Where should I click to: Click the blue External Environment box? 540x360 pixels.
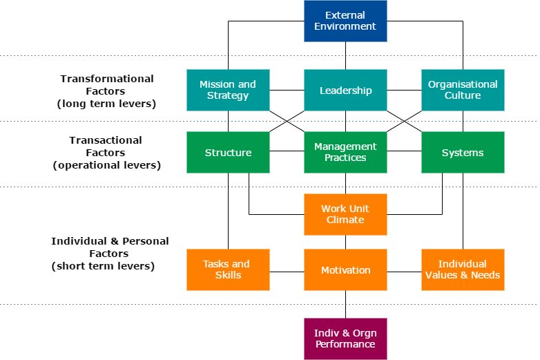click(x=345, y=21)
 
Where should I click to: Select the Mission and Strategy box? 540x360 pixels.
click(x=228, y=90)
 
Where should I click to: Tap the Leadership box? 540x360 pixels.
click(x=345, y=91)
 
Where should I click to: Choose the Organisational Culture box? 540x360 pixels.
click(x=463, y=90)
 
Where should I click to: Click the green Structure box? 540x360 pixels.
click(x=228, y=153)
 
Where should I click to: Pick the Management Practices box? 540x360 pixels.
click(x=345, y=152)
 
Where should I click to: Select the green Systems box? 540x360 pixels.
click(x=463, y=153)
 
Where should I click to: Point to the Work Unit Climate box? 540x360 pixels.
click(x=345, y=214)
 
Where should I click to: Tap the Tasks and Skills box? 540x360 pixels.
click(x=228, y=269)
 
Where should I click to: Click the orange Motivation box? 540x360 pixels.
click(x=345, y=270)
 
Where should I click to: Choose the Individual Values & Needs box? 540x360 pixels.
click(x=463, y=269)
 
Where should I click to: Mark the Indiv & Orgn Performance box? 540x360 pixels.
click(x=345, y=339)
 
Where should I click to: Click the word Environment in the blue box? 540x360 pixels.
click(x=345, y=26)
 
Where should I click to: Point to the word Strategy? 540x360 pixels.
click(x=228, y=95)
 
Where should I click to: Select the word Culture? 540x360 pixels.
click(x=463, y=95)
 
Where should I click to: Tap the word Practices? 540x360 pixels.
click(x=345, y=158)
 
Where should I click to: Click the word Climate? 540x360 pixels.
click(x=345, y=220)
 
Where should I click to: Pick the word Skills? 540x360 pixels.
click(x=228, y=275)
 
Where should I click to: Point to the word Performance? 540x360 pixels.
click(x=345, y=344)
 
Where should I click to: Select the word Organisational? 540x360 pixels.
click(x=463, y=84)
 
